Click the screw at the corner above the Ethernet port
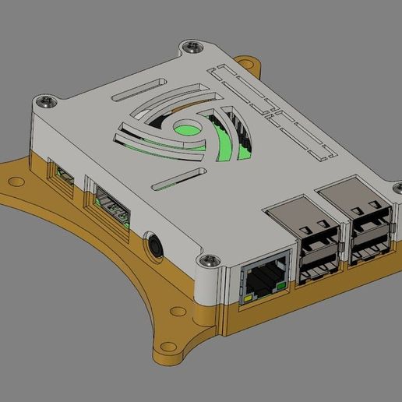pyautogui.click(x=208, y=259)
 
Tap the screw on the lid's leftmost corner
pyautogui.click(x=48, y=99)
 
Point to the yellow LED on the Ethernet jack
pyautogui.click(x=248, y=298)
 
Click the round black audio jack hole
pyautogui.click(x=156, y=245)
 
